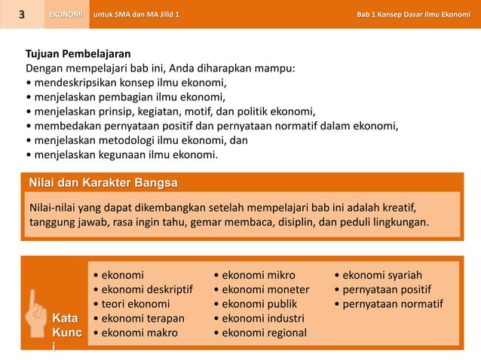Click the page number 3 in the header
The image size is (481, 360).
point(23,14)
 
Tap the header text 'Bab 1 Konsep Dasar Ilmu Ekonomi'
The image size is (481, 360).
point(413,14)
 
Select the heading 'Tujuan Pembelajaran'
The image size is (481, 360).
point(78,55)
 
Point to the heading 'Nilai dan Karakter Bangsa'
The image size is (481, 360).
point(103,182)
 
